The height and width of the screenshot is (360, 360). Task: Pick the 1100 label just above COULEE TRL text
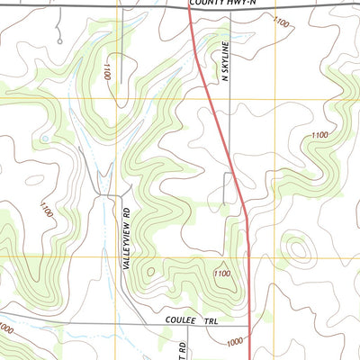pyautogui.click(x=221, y=273)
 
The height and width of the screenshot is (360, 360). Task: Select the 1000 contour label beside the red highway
pyautogui.click(x=235, y=342)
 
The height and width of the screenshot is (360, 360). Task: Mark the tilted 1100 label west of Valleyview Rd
pyautogui.click(x=47, y=209)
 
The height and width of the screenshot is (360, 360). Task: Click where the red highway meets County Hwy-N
pyautogui.click(x=190, y=7)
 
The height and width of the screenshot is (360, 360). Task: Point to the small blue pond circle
pyautogui.click(x=42, y=139)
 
